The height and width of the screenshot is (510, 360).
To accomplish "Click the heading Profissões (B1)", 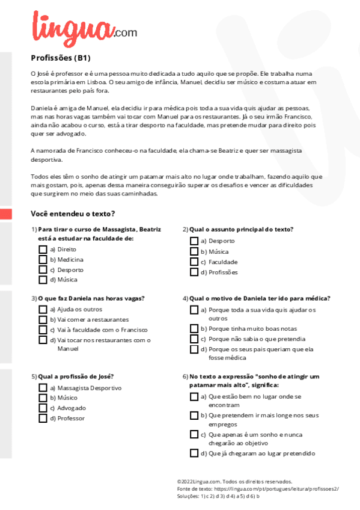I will tap(61, 58).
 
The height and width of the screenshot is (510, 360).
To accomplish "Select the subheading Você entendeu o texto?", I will tap(73, 214).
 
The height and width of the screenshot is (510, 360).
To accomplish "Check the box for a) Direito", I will tap(43, 249).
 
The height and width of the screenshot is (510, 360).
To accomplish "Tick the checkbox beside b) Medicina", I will tap(43, 259).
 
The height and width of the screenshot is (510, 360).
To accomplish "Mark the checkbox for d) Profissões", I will tap(194, 272).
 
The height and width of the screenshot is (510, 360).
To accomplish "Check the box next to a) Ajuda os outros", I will tap(43, 309).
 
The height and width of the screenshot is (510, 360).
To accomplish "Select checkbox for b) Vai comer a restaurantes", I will tap(43, 319).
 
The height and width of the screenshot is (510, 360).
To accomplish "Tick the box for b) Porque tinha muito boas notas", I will tap(194, 329).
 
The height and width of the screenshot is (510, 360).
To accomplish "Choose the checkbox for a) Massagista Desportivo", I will tap(43, 388).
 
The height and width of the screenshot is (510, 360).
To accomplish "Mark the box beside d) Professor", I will tap(43, 418).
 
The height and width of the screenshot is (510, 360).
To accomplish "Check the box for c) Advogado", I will tap(43, 408).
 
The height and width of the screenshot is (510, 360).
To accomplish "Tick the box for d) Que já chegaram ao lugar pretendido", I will tap(194, 453).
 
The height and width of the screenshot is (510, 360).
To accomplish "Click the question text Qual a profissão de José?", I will tap(76, 376).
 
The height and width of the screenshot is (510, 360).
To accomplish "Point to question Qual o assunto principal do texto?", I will tap(241, 229).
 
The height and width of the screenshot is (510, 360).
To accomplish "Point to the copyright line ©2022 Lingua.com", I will tap(234, 482).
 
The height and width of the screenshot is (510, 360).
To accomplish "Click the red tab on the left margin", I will tap(5, 214).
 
